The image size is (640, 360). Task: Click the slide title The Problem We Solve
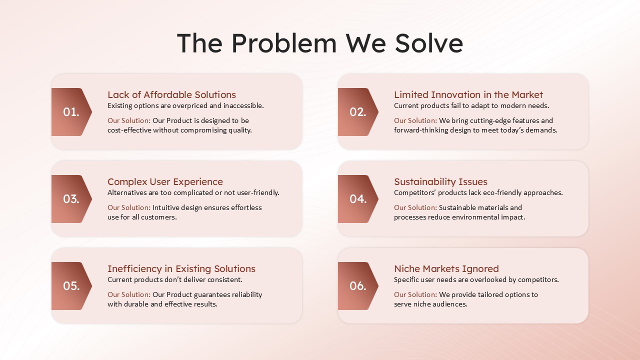coord(320,43)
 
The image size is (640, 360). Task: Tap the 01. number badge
coord(71,112)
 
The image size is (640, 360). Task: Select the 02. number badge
coord(357,112)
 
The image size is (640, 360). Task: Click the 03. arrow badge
coord(71,199)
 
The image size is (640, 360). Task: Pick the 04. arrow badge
coord(357,199)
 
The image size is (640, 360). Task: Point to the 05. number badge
coord(71,286)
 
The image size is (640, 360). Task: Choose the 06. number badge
coord(357,286)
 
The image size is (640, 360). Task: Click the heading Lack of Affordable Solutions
coord(171,94)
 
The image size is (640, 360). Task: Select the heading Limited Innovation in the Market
coord(468,94)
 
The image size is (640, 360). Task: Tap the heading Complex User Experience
coord(165,181)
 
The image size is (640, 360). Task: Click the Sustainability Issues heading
coord(440,181)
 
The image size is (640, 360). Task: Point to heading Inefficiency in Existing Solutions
coord(181,268)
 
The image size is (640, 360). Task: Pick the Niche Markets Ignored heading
coord(446,268)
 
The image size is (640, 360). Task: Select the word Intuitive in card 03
coord(166,207)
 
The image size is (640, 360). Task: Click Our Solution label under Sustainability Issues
coord(415,207)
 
